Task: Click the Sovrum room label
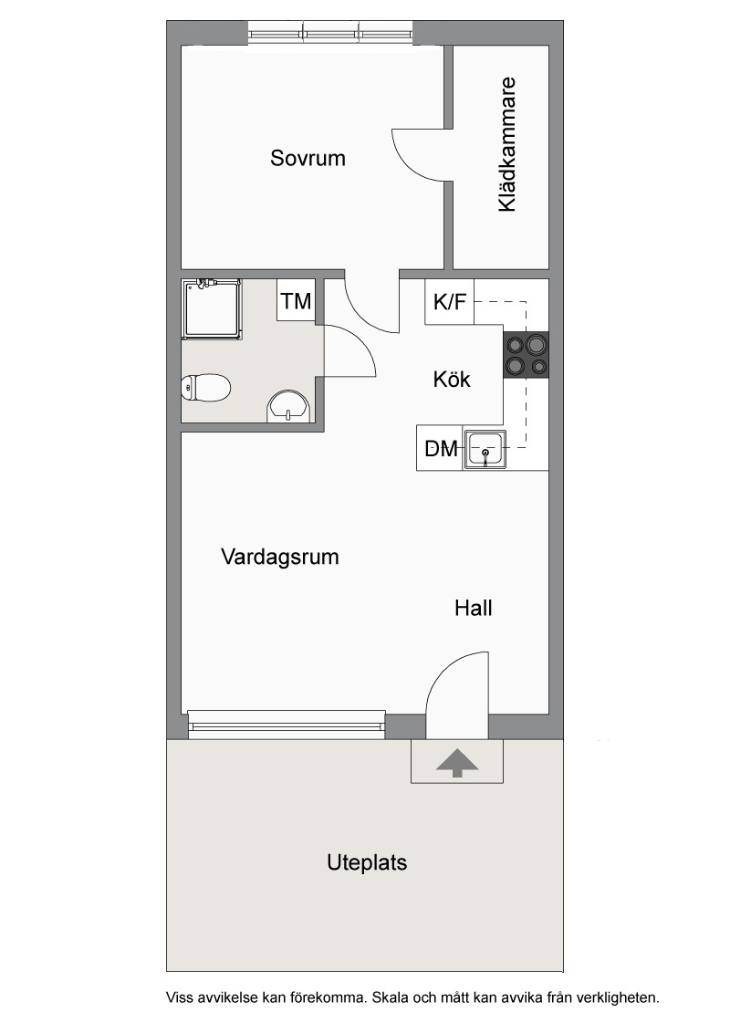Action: [308, 158]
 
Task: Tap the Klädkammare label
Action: [506, 145]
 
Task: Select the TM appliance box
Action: [296, 300]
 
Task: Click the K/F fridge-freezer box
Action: [449, 302]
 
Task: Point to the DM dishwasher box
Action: [440, 448]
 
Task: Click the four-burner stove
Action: [526, 354]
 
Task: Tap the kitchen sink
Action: [485, 449]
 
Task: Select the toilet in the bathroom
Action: [205, 387]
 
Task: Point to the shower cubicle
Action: [211, 308]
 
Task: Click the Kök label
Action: [452, 380]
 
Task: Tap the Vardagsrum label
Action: [280, 557]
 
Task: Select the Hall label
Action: [473, 608]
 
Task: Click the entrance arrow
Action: [456, 764]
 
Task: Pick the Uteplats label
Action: [367, 863]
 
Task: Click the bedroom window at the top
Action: [330, 32]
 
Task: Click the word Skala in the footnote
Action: [390, 997]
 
